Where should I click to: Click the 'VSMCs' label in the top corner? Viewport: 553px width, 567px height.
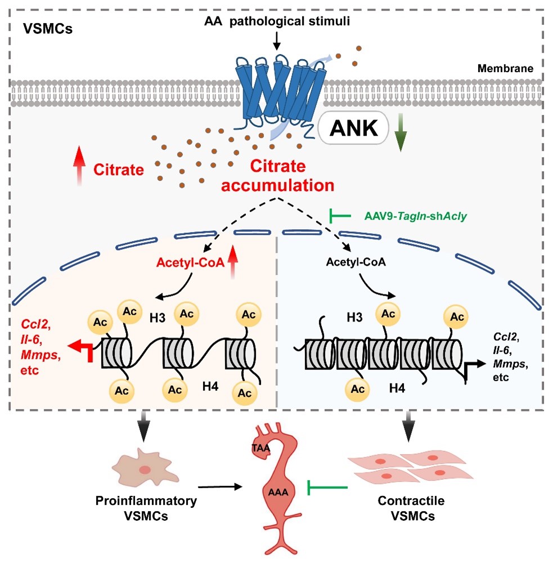pos(48,29)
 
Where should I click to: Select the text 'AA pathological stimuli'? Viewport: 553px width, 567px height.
pos(276,20)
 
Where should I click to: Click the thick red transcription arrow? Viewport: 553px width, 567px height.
pos(84,349)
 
